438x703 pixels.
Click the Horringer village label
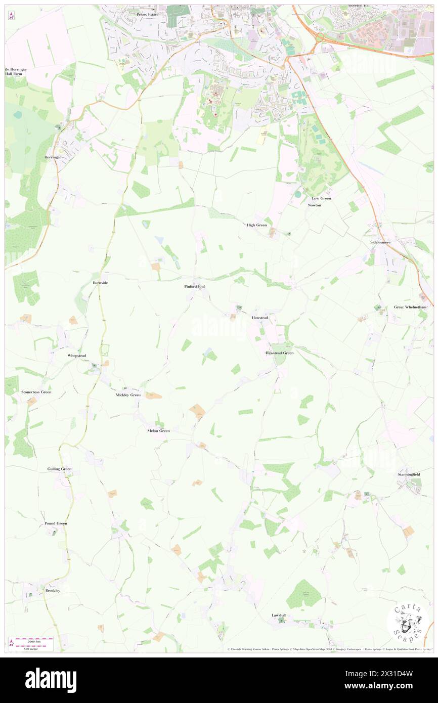[53, 157]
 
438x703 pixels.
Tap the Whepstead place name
[77, 356]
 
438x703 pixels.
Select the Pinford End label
[194, 286]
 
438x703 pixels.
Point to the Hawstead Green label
[280, 353]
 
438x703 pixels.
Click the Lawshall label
[279, 615]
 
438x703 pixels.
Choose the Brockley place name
[53, 590]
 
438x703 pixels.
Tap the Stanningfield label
[409, 475]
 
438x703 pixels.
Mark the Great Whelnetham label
[410, 307]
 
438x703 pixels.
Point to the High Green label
[256, 225]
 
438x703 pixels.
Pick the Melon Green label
[158, 430]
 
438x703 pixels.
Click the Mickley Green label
[128, 394]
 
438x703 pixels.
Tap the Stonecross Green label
[36, 392]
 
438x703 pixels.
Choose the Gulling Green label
[59, 469]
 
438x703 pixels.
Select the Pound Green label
[56, 523]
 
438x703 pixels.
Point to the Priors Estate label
[148, 15]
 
